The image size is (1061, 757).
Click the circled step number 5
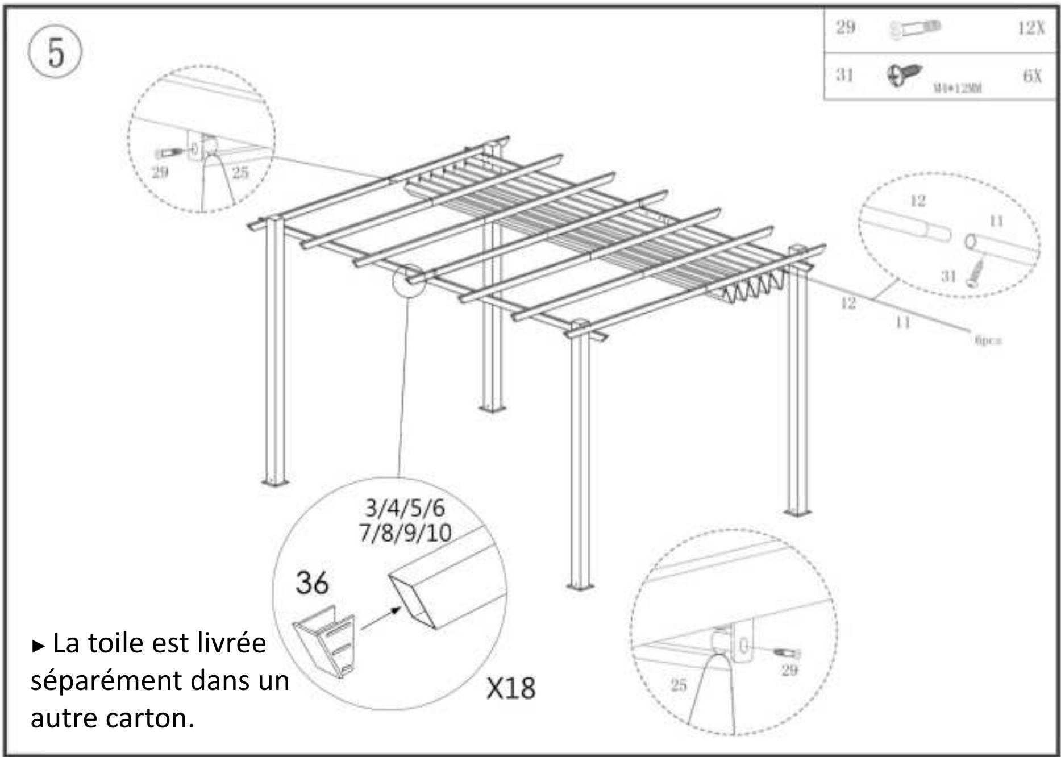[x=55, y=53]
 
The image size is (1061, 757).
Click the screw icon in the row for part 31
[x=904, y=75]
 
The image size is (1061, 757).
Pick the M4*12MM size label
[x=958, y=88]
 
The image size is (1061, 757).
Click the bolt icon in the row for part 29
[x=914, y=28]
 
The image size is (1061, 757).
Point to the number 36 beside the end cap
[x=312, y=583]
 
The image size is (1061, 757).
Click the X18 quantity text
[x=510, y=688]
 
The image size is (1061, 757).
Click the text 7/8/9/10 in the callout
[x=405, y=533]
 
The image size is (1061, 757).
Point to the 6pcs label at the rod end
[x=988, y=340]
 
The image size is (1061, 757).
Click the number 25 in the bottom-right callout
[x=679, y=685]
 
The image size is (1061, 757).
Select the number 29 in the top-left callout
[x=160, y=172]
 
